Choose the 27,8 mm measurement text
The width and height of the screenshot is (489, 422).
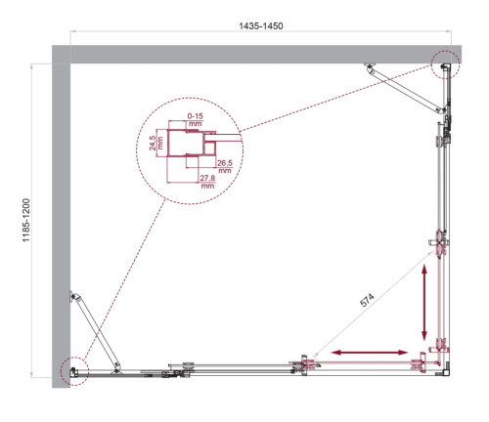[208, 181]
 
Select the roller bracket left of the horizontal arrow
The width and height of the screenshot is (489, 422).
[303, 365]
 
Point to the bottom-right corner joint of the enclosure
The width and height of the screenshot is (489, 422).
[442, 365]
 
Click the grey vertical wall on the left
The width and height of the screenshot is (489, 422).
[58, 225]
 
